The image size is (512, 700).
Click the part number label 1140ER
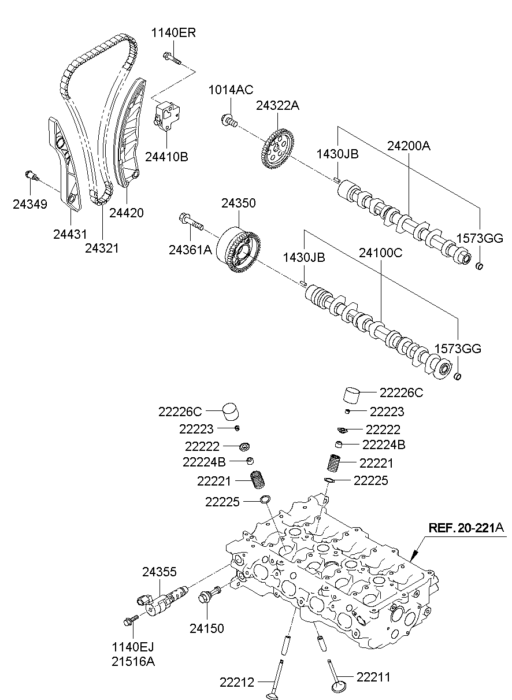pos(173,32)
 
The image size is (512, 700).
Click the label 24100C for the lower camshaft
pos(380,252)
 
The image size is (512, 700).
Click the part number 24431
pos(69,234)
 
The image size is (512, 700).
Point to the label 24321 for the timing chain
pos(102,248)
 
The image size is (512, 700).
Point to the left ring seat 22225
pos(265,499)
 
